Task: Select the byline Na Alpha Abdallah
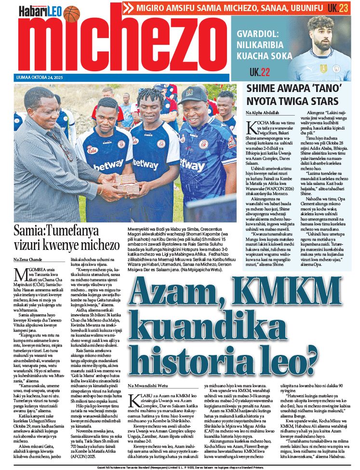coord(263,112)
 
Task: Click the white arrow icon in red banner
coord(128,8)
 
